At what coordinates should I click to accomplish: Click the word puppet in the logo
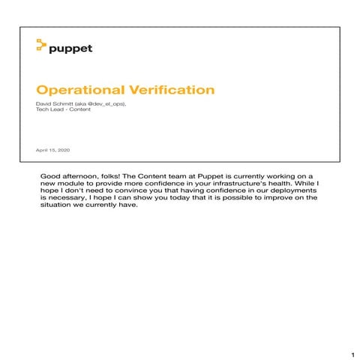click(70, 49)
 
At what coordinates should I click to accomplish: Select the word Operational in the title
click(74, 91)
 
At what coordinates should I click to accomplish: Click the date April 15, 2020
click(52, 150)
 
